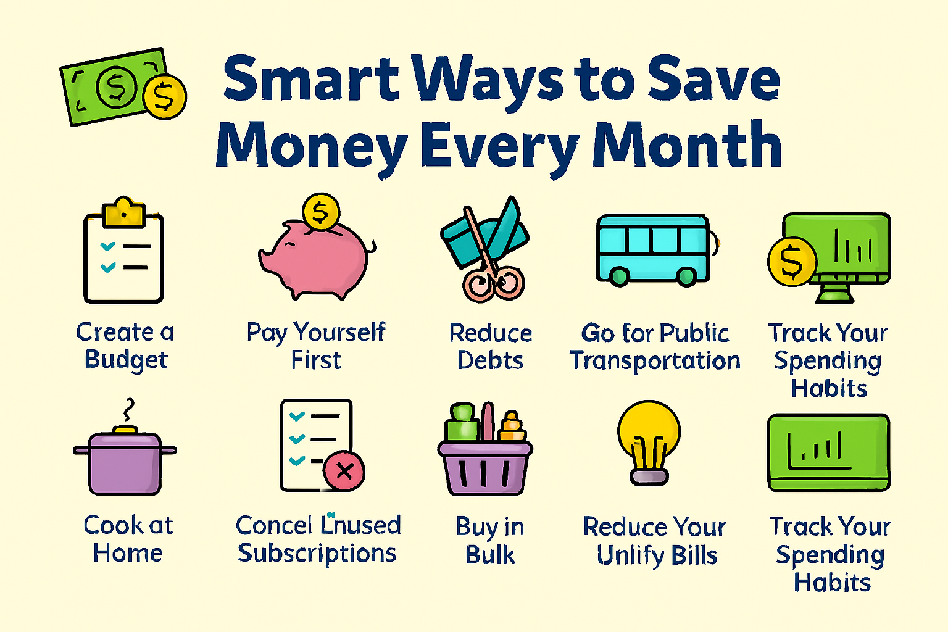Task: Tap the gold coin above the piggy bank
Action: [320, 212]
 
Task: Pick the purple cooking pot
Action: [125, 462]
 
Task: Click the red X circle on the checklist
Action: [344, 472]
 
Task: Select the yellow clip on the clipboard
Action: [124, 213]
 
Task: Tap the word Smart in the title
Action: [311, 79]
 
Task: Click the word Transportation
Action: [655, 361]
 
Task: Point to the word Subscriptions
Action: [317, 554]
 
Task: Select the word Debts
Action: [490, 360]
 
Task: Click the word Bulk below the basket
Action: [490, 555]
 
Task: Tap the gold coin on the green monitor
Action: [792, 262]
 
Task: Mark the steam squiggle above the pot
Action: [128, 409]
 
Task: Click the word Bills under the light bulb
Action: [694, 555]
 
